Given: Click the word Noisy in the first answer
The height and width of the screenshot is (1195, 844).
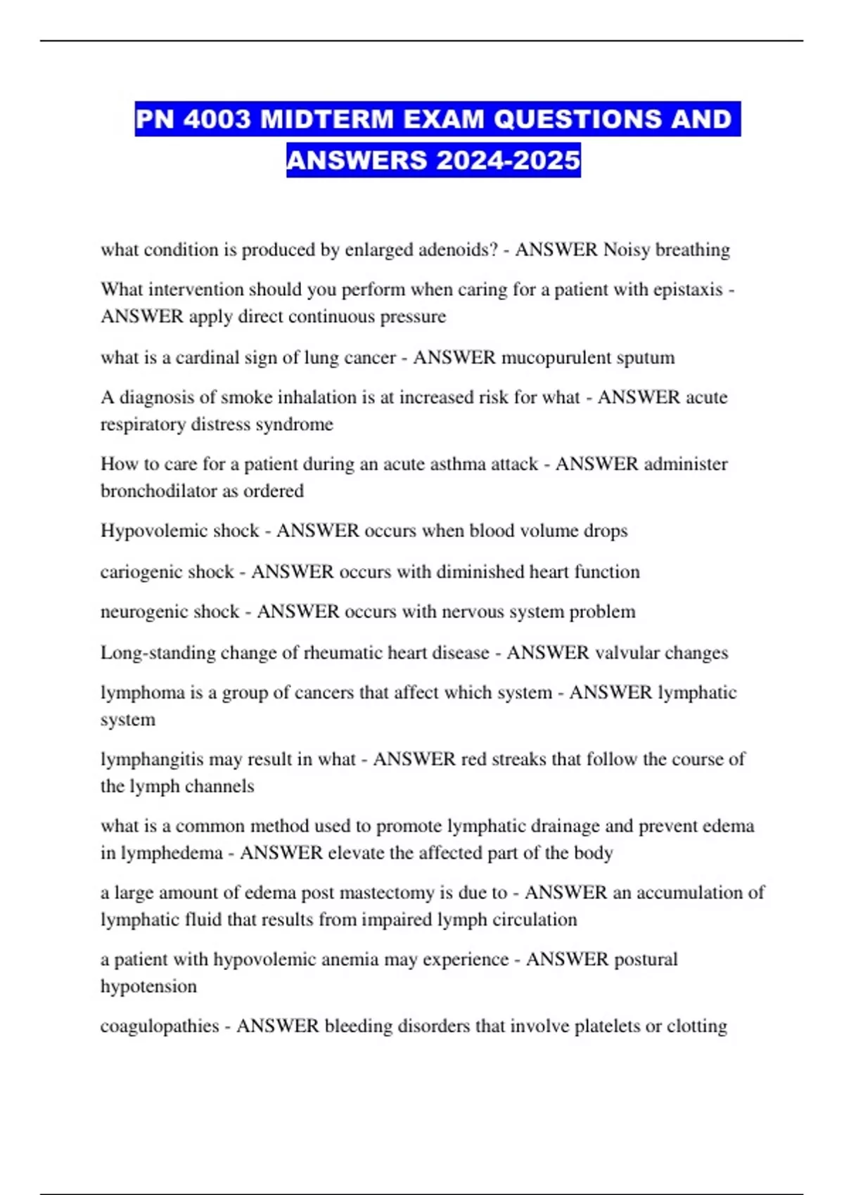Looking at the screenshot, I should [x=627, y=250].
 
